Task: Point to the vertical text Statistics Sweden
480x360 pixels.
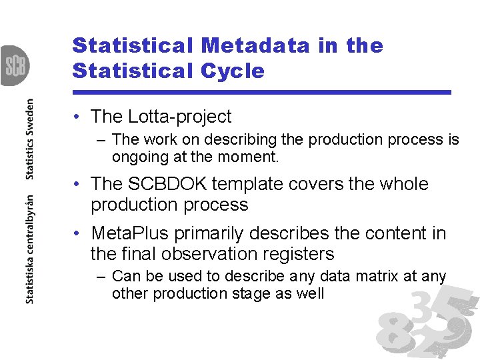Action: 30,139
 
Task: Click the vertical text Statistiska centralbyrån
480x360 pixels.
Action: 30,250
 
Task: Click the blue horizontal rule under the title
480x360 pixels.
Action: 262,92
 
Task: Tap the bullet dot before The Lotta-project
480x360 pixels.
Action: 78,117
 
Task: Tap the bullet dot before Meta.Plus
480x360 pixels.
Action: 78,234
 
